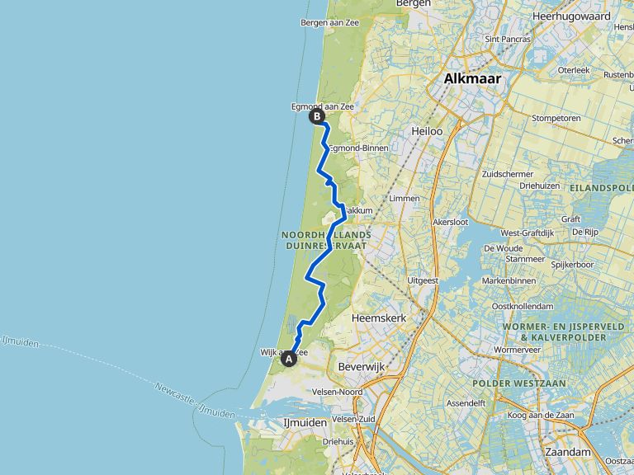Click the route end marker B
316,116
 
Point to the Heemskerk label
376,317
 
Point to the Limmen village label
404,198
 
